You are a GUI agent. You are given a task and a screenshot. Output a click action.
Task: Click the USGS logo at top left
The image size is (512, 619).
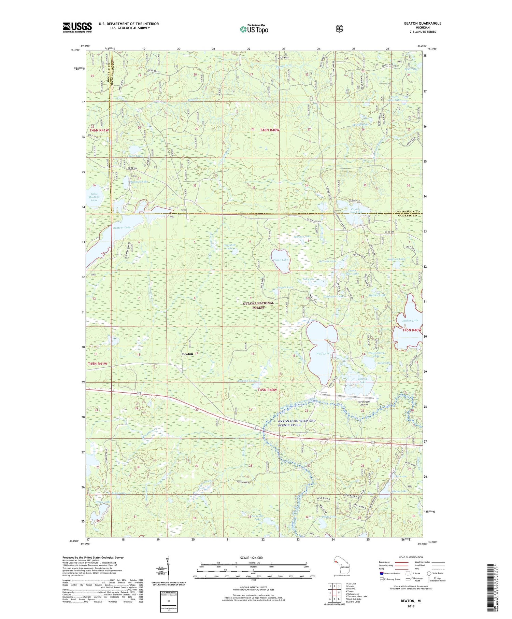click(x=77, y=27)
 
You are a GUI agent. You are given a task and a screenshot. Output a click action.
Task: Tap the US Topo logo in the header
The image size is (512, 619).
click(x=254, y=29)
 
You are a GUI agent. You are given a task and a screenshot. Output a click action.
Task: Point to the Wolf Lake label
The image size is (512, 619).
click(x=323, y=353)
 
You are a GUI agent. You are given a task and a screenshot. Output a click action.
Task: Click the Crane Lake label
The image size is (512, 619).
click(x=281, y=260)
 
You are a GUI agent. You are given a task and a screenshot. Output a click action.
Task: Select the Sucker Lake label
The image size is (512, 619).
click(x=410, y=321)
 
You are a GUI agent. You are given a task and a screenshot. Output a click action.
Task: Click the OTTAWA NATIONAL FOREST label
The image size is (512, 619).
click(x=258, y=305)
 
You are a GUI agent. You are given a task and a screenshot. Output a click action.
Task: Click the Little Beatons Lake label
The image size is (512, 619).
click(x=94, y=197)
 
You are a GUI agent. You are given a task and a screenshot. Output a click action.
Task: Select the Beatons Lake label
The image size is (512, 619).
click(x=122, y=227)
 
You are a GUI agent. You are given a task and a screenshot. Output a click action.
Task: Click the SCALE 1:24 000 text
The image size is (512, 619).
click(x=251, y=558)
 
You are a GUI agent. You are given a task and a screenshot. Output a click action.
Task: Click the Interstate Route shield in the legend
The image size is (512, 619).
click(x=381, y=573)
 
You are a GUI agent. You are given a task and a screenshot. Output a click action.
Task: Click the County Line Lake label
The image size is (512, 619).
click(x=356, y=211)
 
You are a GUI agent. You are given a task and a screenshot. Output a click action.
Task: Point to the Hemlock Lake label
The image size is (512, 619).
click(x=139, y=182)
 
